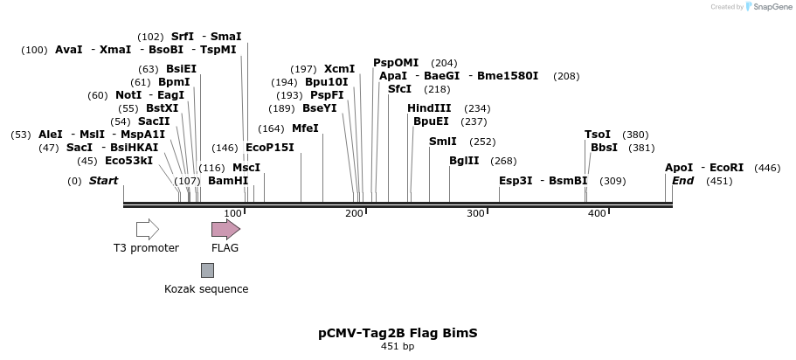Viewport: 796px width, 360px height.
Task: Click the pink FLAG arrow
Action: pos(225,230)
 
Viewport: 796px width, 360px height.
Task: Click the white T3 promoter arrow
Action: pos(147,230)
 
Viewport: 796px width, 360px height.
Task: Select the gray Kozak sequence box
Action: pos(207,270)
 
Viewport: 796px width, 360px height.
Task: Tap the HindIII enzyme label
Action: pos(429,107)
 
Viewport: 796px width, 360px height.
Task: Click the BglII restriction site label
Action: pos(464,161)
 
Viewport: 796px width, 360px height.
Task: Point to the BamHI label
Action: pos(228,181)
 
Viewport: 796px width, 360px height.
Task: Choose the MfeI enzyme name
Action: pos(305,128)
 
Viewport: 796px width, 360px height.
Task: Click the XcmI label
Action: pos(339,69)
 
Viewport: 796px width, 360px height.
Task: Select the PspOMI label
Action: pos(396,63)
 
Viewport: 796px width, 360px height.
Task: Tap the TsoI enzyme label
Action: pos(598,135)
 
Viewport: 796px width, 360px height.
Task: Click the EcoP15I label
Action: pos(270,148)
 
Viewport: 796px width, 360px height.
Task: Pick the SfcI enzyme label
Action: pos(399,89)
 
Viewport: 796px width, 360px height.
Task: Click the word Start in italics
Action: pos(103,181)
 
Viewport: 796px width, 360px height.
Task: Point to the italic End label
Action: pos(682,181)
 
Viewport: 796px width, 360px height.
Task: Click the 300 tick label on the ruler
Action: pos(475,213)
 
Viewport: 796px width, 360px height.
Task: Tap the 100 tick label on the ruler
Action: pos(233,213)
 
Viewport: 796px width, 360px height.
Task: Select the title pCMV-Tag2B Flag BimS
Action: pos(398,333)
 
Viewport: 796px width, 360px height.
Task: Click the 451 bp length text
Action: pos(398,347)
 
